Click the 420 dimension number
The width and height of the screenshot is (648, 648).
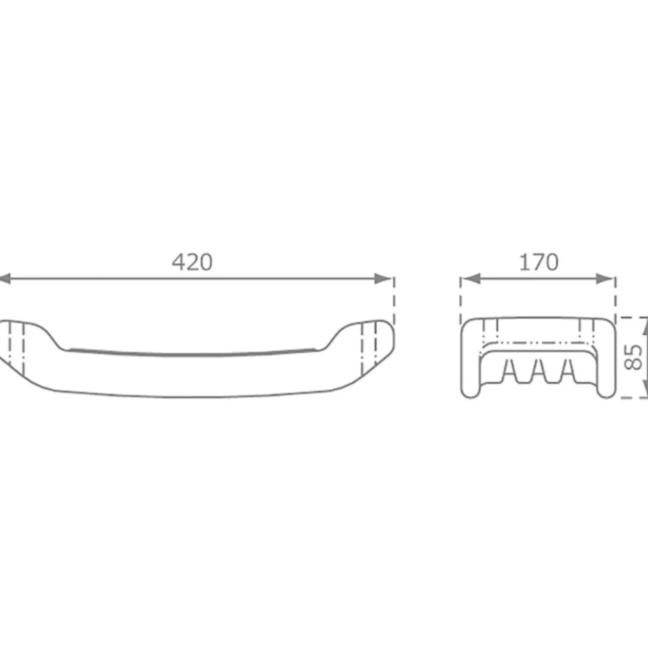(192, 262)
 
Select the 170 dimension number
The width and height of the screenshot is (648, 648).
(539, 262)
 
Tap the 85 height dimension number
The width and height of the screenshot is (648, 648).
(633, 357)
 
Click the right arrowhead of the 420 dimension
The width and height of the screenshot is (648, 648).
(383, 279)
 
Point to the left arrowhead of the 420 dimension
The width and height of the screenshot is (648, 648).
(5, 279)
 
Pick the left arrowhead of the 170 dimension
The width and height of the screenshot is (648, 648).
(471, 279)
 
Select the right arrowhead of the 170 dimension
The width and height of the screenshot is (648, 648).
(605, 279)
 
